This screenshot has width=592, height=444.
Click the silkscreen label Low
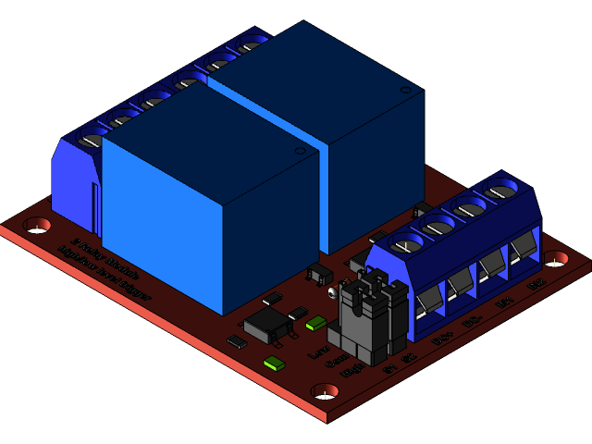click(318, 351)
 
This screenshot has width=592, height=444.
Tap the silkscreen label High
click(352, 371)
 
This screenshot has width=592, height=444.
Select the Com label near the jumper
click(336, 362)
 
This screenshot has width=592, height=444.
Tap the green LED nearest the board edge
click(274, 363)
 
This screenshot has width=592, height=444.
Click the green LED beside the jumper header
click(316, 323)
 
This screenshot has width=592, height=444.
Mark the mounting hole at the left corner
click(37, 224)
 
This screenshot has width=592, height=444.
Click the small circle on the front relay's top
click(299, 150)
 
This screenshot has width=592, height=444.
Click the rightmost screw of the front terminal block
click(499, 191)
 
